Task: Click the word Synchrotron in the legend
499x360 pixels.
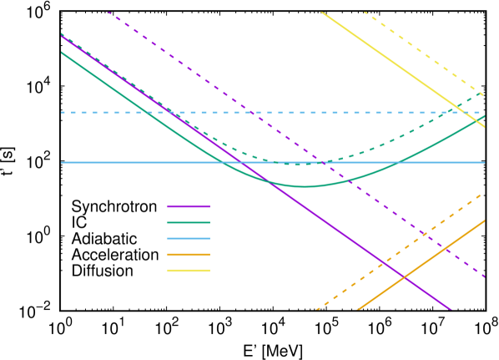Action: [113, 206]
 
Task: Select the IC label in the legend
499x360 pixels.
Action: [79, 223]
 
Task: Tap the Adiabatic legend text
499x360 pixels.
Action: [106, 239]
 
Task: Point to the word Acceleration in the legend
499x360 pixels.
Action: [115, 255]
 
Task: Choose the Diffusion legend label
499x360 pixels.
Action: [103, 271]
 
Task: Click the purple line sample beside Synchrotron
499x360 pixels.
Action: [189, 206]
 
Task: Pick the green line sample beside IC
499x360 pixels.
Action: [189, 223]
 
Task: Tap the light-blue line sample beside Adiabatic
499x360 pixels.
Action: [189, 239]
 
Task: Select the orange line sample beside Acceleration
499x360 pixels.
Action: [189, 255]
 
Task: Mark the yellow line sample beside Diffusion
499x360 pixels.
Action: [189, 271]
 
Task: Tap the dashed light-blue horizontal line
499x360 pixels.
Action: [250, 112]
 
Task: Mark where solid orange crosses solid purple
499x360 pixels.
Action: [406, 276]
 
